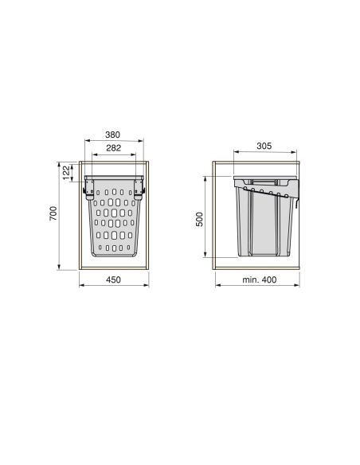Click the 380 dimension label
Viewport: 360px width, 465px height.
click(x=112, y=135)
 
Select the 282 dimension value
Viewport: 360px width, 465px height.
click(x=114, y=147)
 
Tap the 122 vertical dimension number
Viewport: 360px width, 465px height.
click(x=66, y=173)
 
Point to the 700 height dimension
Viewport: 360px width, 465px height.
click(x=53, y=213)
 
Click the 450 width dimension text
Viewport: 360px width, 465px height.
click(x=113, y=279)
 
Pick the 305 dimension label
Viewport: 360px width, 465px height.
click(x=264, y=146)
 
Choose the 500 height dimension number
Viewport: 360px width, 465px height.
click(x=200, y=219)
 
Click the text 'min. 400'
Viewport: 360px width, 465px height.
click(x=259, y=279)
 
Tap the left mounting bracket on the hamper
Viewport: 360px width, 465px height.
click(x=88, y=189)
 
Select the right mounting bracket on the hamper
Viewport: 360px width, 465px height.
click(x=139, y=189)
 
